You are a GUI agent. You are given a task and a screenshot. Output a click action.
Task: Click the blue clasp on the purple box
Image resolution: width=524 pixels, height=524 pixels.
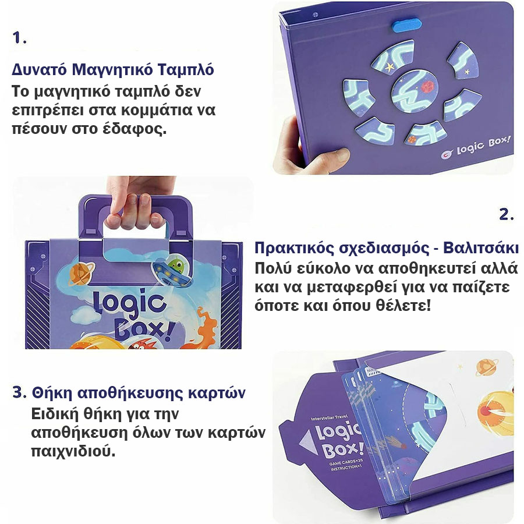click(407, 26)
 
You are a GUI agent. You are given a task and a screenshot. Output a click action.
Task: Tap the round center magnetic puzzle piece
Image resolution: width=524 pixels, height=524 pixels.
click(415, 91)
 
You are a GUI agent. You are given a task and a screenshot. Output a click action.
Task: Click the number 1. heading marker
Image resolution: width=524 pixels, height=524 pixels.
click(19, 37)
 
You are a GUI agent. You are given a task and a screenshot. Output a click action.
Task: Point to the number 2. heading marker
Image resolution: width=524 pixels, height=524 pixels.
click(507, 214)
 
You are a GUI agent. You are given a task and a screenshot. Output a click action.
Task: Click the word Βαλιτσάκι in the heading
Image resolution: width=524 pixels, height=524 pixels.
click(481, 248)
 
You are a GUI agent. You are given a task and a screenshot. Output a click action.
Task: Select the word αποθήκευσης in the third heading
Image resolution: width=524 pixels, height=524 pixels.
click(130, 393)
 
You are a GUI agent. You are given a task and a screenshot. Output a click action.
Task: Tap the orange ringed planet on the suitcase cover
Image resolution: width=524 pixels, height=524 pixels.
click(81, 274)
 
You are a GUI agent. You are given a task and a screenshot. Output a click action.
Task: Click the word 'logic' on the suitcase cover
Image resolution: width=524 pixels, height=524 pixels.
click(129, 302)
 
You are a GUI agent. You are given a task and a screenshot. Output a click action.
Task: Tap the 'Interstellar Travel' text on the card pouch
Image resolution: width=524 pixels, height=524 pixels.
click(329, 417)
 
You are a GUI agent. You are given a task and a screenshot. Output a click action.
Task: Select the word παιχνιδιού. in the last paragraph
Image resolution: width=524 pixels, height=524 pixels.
click(73, 451)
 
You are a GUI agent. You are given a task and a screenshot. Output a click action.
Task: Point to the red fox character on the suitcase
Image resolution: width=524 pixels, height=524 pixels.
click(140, 343)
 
